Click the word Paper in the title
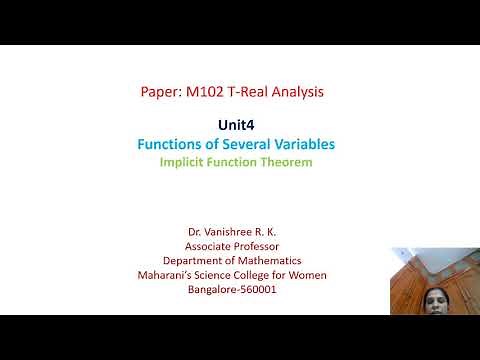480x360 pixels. tap(160, 92)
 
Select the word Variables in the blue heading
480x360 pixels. tap(304, 144)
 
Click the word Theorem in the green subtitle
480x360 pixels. tap(287, 161)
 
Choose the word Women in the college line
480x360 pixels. tap(306, 275)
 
